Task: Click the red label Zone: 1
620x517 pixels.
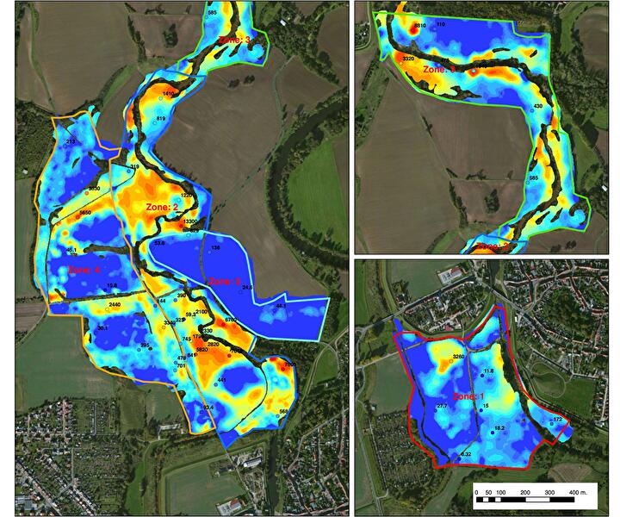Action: (471, 396)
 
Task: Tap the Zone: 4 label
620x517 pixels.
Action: (84, 269)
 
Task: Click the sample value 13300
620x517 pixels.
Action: (190, 221)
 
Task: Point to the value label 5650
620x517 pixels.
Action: (84, 212)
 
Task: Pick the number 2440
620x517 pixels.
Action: (115, 306)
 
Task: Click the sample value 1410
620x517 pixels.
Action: (169, 93)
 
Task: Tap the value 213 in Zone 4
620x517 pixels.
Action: (71, 140)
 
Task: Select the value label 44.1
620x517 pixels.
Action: (281, 306)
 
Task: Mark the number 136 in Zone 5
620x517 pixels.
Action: (215, 248)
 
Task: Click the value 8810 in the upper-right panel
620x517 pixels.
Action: (420, 27)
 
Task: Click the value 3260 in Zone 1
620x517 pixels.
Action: (458, 356)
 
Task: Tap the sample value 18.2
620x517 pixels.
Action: (499, 427)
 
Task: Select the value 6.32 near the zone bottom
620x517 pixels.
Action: (466, 453)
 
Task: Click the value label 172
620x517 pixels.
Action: (557, 419)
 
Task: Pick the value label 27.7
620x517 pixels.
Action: (441, 405)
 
